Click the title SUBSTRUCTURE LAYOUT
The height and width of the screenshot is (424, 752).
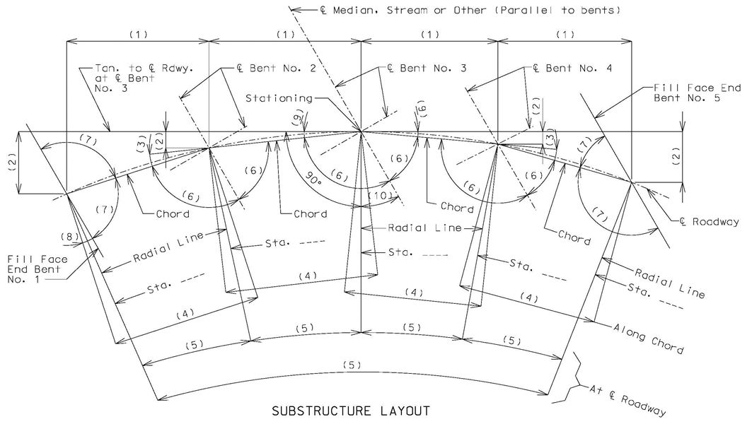(x=351, y=411)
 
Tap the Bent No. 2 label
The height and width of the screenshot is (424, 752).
(x=277, y=68)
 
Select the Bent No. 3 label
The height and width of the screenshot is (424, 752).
(x=427, y=68)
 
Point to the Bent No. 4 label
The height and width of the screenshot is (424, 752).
(x=572, y=68)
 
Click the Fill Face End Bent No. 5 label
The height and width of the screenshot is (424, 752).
(x=698, y=93)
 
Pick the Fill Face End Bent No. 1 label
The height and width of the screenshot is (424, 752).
(x=37, y=269)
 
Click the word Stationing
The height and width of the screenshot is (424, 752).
(x=279, y=98)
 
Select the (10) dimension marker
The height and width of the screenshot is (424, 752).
(x=383, y=196)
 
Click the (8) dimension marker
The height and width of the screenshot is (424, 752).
(x=70, y=236)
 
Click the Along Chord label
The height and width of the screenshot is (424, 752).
(x=649, y=338)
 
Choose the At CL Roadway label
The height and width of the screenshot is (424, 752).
(x=627, y=399)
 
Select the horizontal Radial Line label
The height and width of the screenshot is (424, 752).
(x=424, y=228)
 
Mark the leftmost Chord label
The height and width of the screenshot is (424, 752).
(x=173, y=213)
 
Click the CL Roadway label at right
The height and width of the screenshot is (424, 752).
(x=709, y=221)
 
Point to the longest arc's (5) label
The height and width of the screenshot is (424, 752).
(x=352, y=365)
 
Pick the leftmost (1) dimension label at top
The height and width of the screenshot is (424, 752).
(x=138, y=35)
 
